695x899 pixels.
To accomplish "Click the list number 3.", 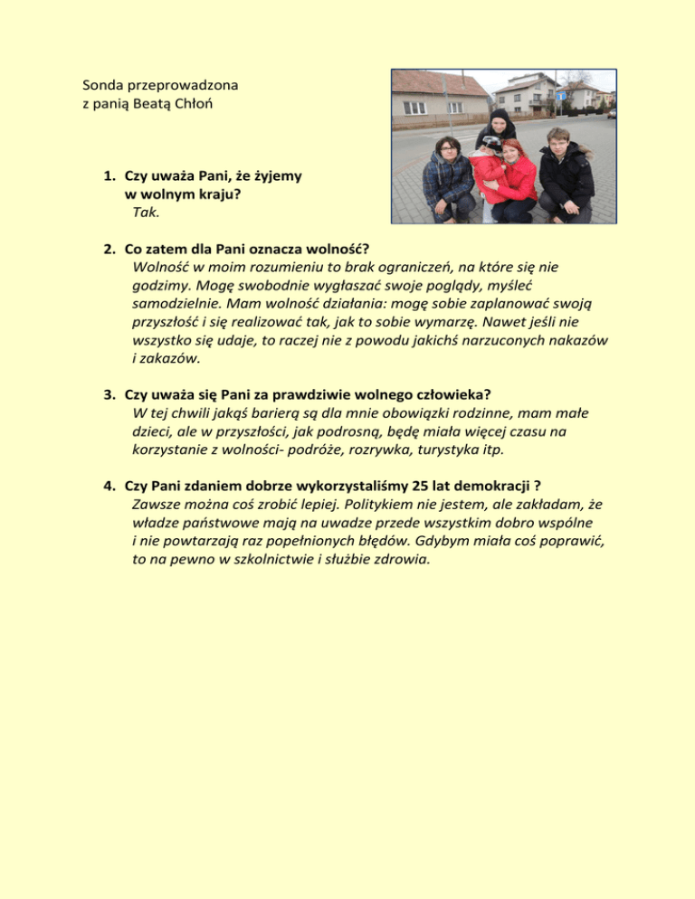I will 109,394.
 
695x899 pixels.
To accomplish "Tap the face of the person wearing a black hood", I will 499,125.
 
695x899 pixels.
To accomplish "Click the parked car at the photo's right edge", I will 612,113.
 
